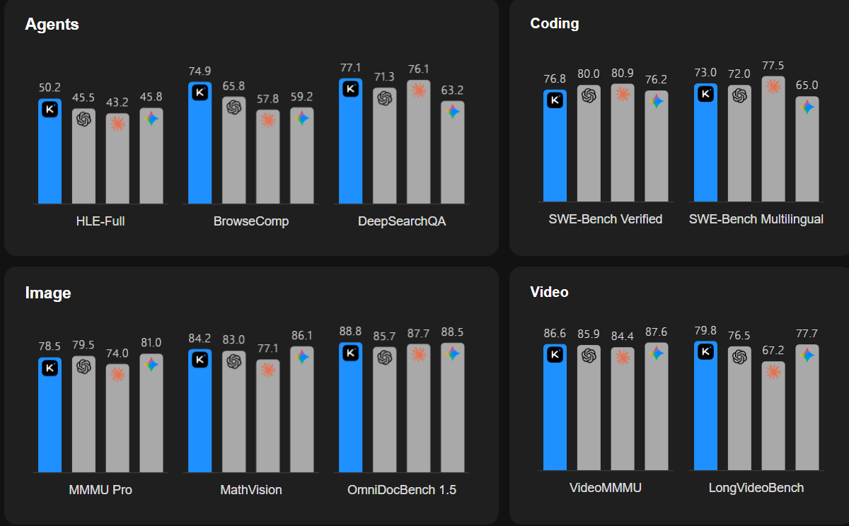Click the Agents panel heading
52,25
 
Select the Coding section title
555,23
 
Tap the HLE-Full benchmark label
100,221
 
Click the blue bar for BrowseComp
200,143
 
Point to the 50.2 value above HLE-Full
50,88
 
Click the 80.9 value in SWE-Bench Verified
623,73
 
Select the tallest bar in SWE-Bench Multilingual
773,139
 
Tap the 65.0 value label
807,86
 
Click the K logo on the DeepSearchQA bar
351,89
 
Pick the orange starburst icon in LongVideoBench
773,372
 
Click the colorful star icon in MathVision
302,357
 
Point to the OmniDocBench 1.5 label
402,490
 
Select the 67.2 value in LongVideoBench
773,350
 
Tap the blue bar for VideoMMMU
555,407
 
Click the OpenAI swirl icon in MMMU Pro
83,366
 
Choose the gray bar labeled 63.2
453,152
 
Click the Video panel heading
549,292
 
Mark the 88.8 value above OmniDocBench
351,332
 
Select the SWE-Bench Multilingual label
756,219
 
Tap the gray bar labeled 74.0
117,419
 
